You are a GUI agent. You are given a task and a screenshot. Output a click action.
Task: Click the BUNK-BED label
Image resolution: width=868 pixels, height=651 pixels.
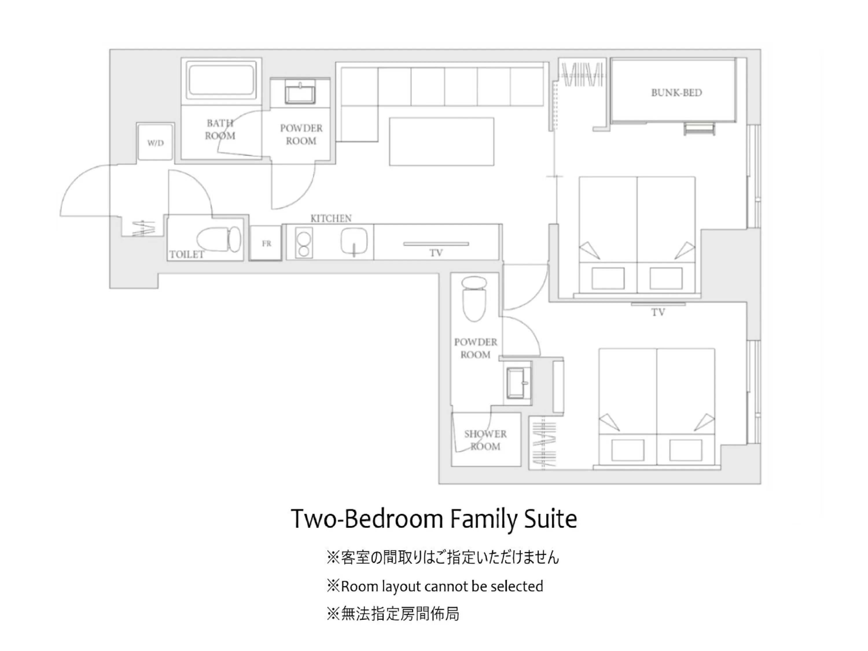676,93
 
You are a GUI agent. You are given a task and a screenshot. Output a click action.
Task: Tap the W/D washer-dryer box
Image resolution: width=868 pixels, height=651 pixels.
155,142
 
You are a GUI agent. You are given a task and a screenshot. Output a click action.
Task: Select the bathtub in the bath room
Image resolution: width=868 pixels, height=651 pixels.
221,80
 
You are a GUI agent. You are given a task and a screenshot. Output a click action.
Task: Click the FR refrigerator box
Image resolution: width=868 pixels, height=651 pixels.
266,243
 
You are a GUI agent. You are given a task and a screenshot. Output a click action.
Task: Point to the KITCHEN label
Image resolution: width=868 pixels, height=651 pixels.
331,218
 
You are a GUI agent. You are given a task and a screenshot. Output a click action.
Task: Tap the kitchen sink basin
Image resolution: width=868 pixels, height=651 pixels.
354,241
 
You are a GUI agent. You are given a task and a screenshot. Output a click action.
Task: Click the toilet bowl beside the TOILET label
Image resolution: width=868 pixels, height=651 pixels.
218,239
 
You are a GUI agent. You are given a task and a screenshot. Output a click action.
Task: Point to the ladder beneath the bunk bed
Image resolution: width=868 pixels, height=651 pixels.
699,129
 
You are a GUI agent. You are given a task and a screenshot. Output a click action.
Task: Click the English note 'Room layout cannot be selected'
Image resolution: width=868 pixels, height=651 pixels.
442,586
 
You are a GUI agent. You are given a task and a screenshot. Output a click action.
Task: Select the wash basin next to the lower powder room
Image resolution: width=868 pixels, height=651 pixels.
518,382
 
